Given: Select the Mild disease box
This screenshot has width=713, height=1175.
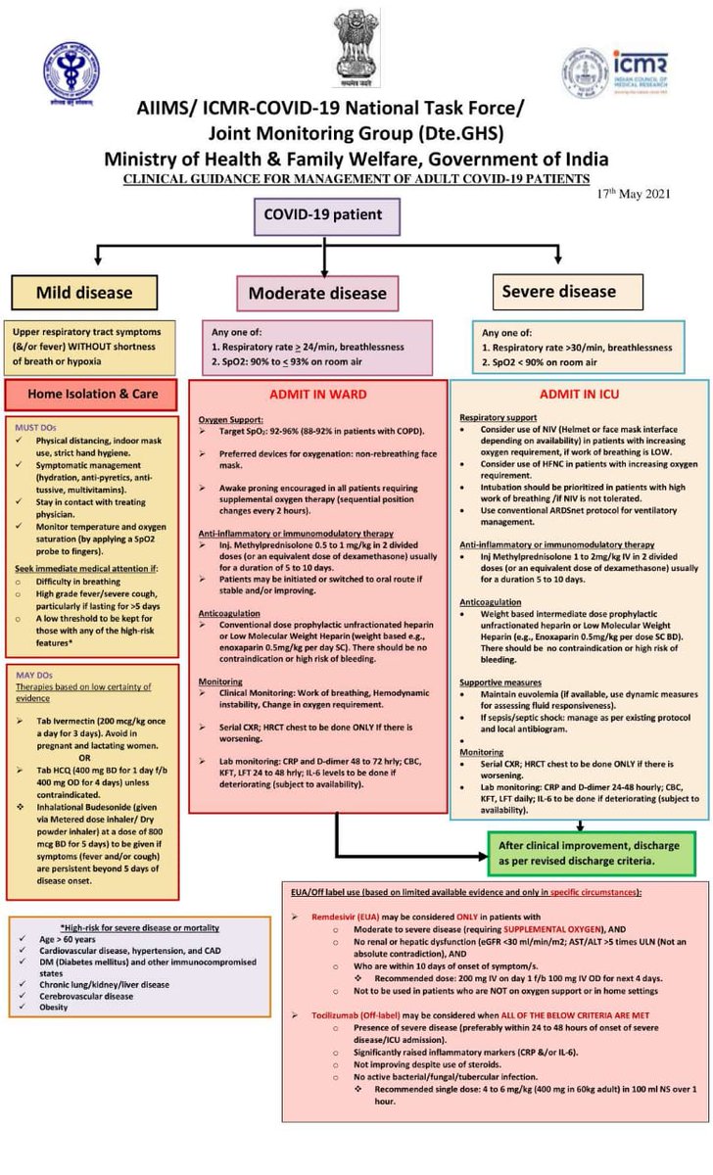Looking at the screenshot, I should point(84,292).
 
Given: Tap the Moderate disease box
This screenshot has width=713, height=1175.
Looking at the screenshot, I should point(317,293).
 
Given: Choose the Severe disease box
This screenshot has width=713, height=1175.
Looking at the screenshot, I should point(558,291).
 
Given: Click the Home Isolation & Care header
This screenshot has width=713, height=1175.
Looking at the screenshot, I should point(92,394).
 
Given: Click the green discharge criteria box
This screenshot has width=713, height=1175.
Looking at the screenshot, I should point(593,853).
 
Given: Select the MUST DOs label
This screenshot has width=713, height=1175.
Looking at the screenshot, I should point(36,427).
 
